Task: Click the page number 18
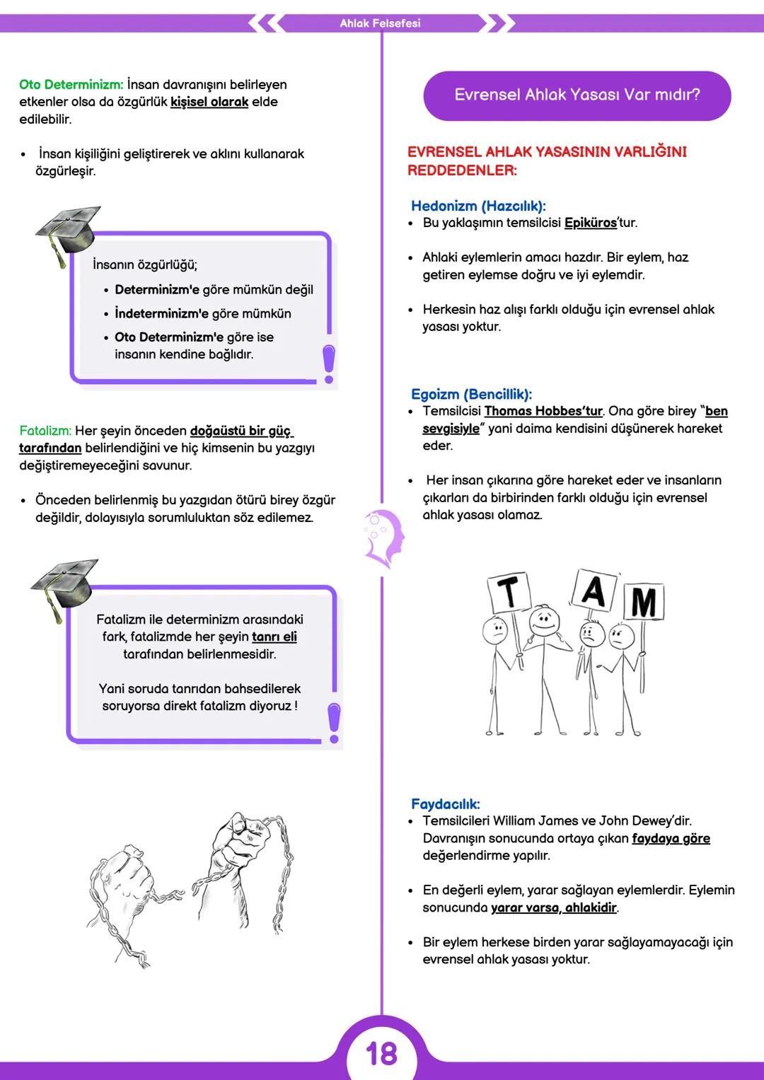click(x=381, y=1054)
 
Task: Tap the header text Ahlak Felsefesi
click(x=380, y=23)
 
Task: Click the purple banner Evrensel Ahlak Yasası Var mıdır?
click(x=577, y=95)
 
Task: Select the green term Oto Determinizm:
click(x=71, y=85)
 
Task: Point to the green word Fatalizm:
click(x=45, y=431)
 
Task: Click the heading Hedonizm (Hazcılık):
click(x=478, y=206)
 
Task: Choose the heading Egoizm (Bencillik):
click(x=471, y=394)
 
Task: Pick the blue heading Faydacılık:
click(x=445, y=803)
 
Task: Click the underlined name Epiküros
click(x=591, y=223)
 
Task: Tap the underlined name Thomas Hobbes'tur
click(x=543, y=411)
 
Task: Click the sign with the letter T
click(x=509, y=593)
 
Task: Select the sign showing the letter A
click(x=593, y=589)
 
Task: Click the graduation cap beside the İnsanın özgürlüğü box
click(x=68, y=231)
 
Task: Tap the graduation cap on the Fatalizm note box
click(x=64, y=586)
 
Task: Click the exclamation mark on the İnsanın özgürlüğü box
click(x=328, y=364)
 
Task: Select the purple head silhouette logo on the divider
click(x=382, y=538)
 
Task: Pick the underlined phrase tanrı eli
click(x=274, y=637)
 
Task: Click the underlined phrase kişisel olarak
click(x=209, y=102)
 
